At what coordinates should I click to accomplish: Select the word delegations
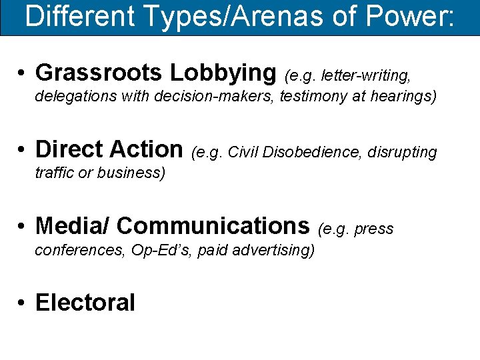click(76, 97)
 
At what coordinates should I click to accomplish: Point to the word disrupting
click(403, 153)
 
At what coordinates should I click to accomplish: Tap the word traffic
click(54, 173)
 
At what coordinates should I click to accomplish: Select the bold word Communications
click(213, 226)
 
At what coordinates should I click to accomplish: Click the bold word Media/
click(73, 226)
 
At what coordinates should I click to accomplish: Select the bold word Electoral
click(85, 303)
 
